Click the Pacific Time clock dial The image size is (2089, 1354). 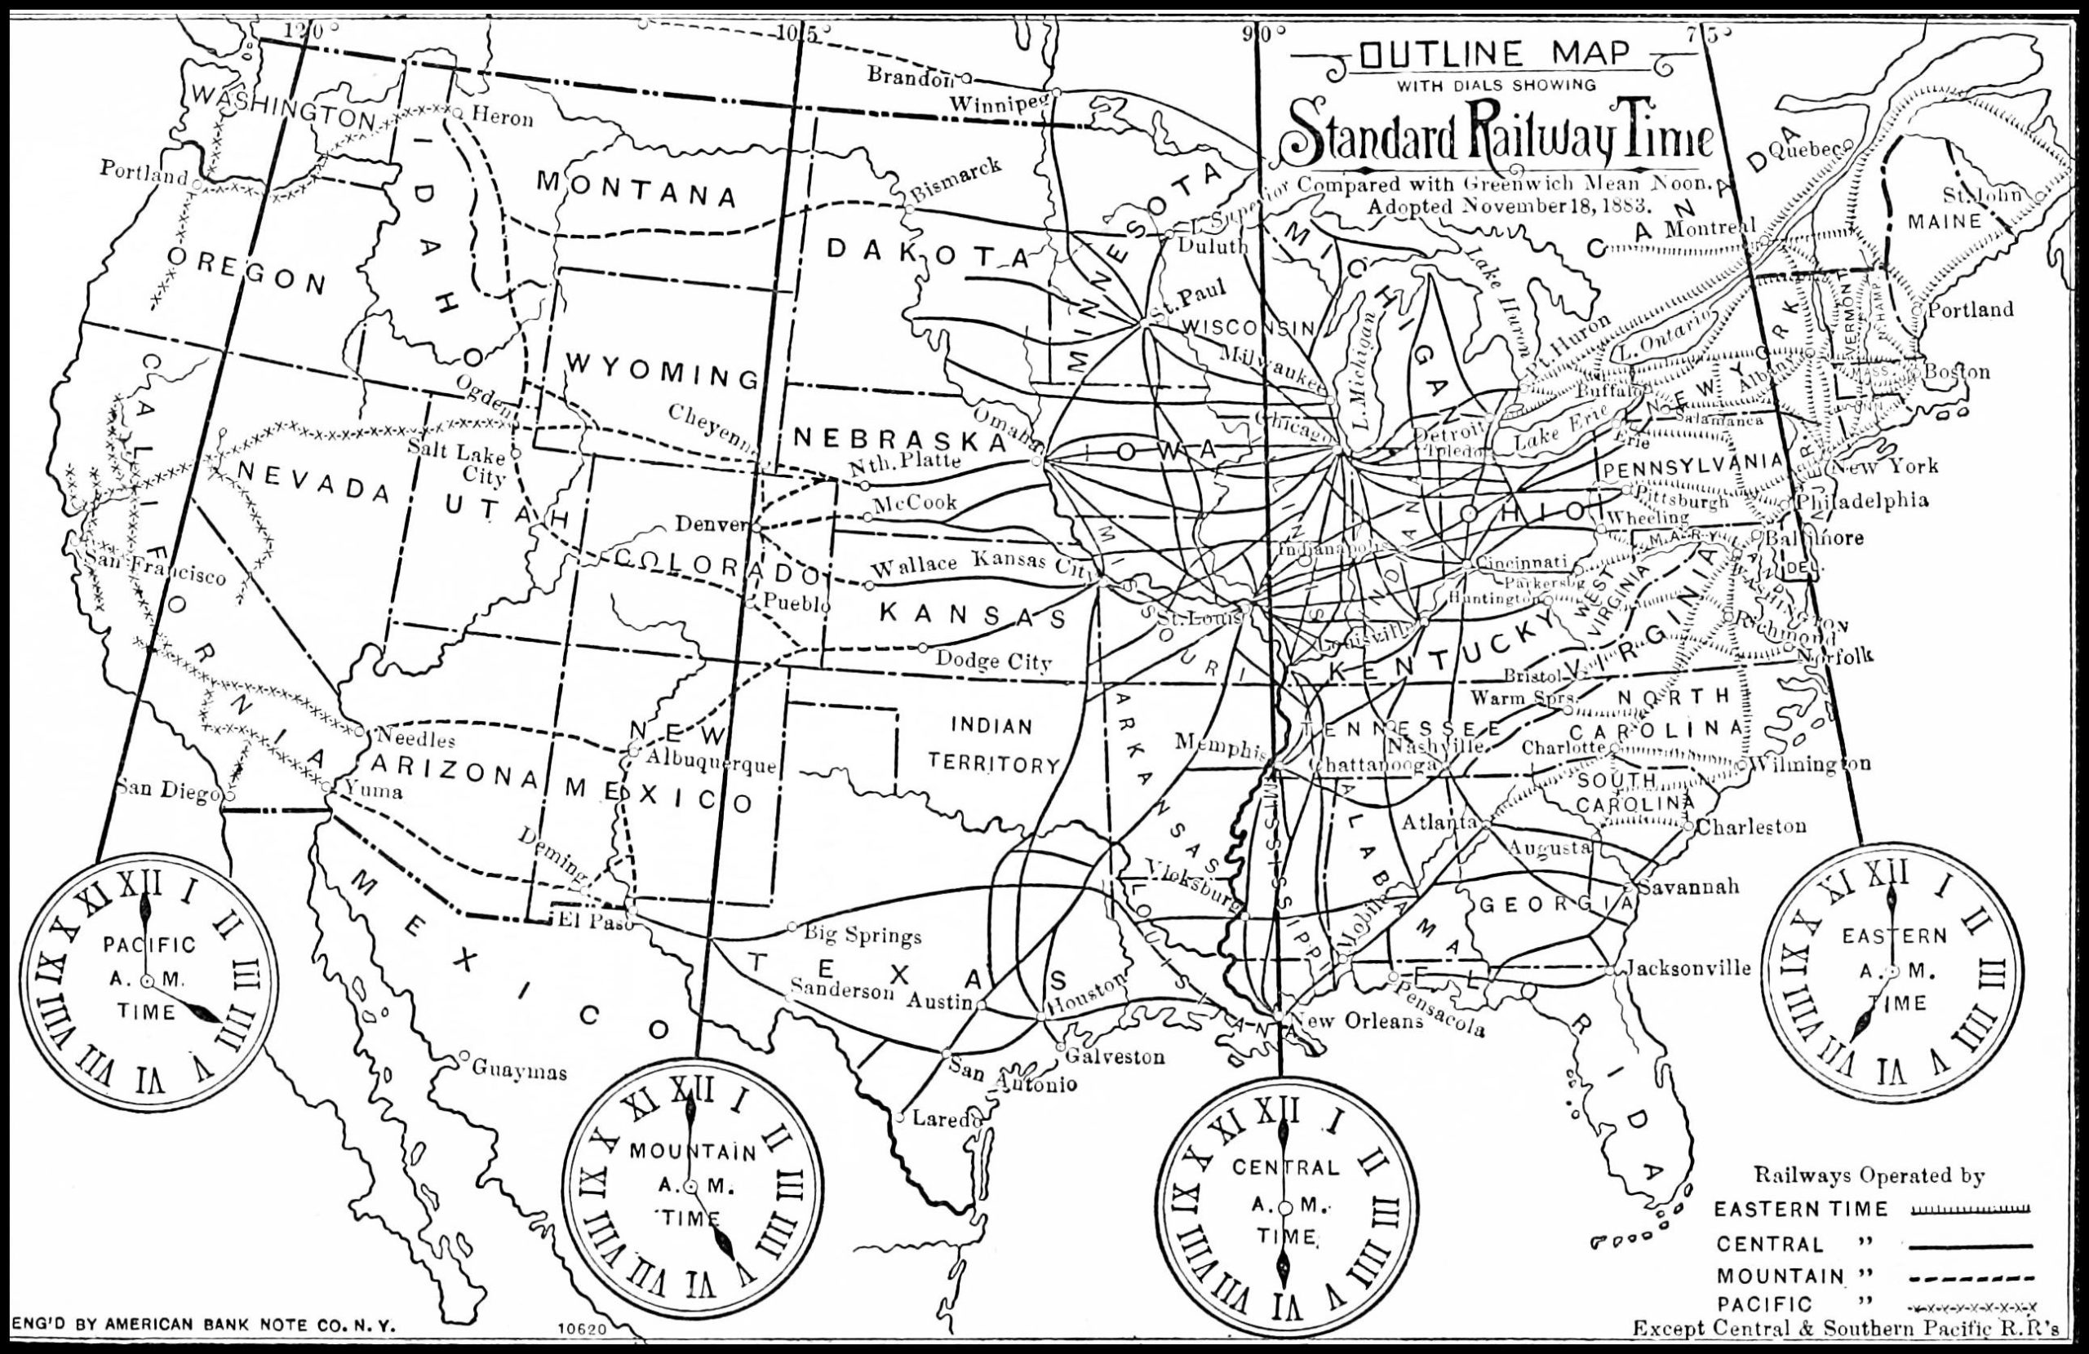pyautogui.click(x=148, y=980)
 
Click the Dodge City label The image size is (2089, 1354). pyautogui.click(x=993, y=661)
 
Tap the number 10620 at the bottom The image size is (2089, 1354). pyautogui.click(x=583, y=1330)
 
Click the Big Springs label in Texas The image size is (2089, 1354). pyautogui.click(x=863, y=936)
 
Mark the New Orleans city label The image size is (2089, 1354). pyautogui.click(x=1359, y=1021)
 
